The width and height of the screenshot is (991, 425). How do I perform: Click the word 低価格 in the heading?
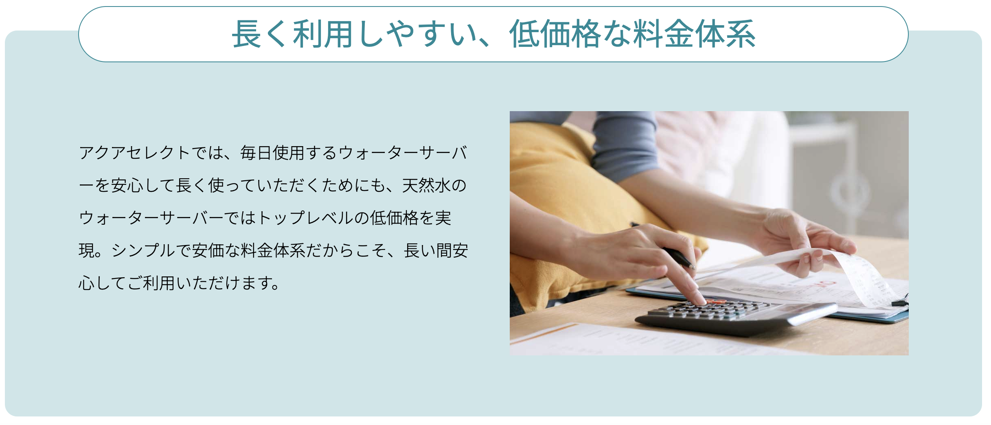(555, 34)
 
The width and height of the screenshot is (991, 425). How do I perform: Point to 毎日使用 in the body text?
(272, 153)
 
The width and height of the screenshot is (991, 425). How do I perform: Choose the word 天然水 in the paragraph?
(426, 186)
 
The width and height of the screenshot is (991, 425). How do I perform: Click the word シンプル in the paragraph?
(143, 251)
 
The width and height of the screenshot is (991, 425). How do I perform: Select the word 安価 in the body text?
(208, 251)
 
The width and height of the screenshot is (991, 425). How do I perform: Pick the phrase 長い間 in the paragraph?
(428, 251)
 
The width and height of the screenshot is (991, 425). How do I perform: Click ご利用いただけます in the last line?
(200, 283)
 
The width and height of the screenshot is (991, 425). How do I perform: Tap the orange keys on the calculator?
(716, 302)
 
